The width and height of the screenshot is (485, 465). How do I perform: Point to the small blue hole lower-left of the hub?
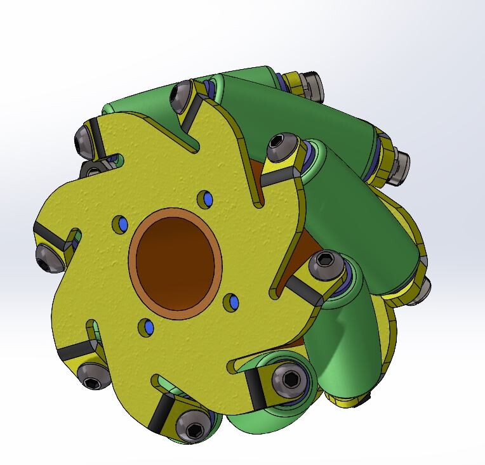click(x=148, y=327)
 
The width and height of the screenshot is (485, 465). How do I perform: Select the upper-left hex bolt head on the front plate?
click(x=84, y=140)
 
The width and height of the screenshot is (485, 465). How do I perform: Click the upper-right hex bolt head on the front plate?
click(x=280, y=148)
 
